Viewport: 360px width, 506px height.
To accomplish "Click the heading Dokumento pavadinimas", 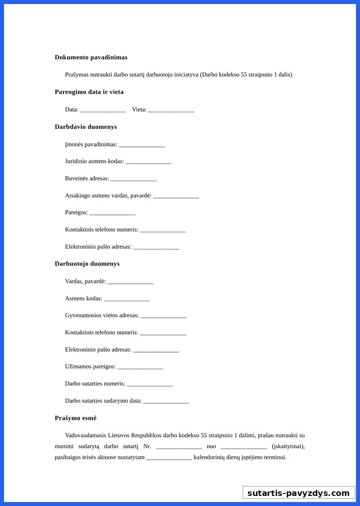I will tap(91, 57).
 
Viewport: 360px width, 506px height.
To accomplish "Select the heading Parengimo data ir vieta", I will tap(89, 92).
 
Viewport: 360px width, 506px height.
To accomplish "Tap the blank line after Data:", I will tap(103, 110).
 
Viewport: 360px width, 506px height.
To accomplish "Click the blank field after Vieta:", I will tap(171, 110).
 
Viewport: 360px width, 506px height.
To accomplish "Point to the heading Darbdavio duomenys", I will tap(85, 127).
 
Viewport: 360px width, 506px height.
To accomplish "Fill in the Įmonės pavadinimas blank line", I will tap(142, 145).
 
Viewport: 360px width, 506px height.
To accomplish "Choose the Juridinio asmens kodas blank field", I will tap(148, 162).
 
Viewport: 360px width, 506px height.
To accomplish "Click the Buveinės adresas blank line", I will tap(134, 180).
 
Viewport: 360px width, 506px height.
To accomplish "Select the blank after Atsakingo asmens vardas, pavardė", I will tap(176, 197).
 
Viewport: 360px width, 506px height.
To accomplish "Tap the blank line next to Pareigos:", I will tap(113, 214).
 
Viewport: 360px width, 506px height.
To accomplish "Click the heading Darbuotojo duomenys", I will tap(87, 264).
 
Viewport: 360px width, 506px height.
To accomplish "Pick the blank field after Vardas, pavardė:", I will tap(130, 282).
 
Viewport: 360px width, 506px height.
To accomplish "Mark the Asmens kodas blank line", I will tap(127, 299).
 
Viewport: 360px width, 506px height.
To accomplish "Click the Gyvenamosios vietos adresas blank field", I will tap(163, 316).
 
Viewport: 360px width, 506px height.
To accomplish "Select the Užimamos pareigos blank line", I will tap(140, 368).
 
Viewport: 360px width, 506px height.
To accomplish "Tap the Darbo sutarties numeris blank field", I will tap(150, 385).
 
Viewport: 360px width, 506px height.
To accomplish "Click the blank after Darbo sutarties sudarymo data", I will tap(166, 402).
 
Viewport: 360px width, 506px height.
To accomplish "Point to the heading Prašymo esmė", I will tap(75, 418).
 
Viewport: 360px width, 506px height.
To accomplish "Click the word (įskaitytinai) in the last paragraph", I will tap(288, 447).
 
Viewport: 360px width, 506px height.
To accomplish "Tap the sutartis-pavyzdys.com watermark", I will tap(298, 493).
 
